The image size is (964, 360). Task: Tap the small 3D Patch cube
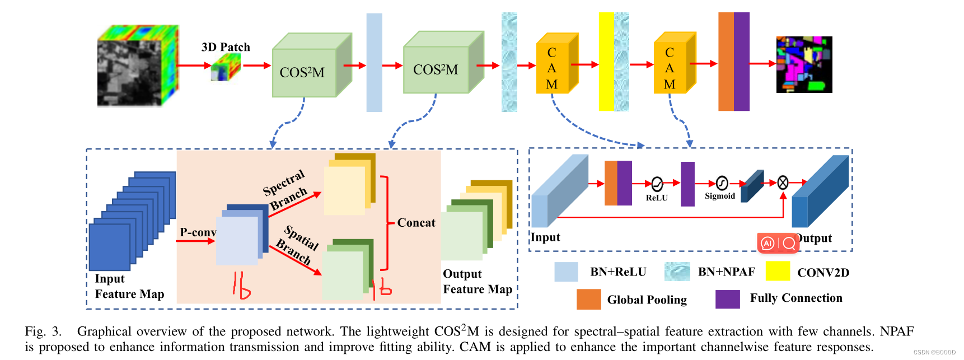coord(225,68)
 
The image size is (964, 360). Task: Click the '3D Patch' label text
coord(226,47)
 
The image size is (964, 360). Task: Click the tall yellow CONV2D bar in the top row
coord(606,62)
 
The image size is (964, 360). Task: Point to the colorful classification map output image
coord(804,64)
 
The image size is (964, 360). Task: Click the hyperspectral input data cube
coord(137,66)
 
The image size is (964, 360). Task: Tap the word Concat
coord(416,223)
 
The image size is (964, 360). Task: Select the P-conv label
coord(198,232)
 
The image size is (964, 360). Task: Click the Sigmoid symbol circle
coord(722,183)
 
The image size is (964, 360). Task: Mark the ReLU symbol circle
coord(657,184)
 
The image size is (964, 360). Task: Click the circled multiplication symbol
coord(783,183)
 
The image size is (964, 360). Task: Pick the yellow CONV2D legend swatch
coord(778,271)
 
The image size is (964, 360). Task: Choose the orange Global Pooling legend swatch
coord(588,299)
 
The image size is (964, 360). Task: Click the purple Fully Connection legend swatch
coord(727,299)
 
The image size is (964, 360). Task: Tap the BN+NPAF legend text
coord(726,272)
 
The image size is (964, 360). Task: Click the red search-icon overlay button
coord(789,243)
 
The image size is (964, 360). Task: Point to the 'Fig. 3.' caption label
coord(43,331)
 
